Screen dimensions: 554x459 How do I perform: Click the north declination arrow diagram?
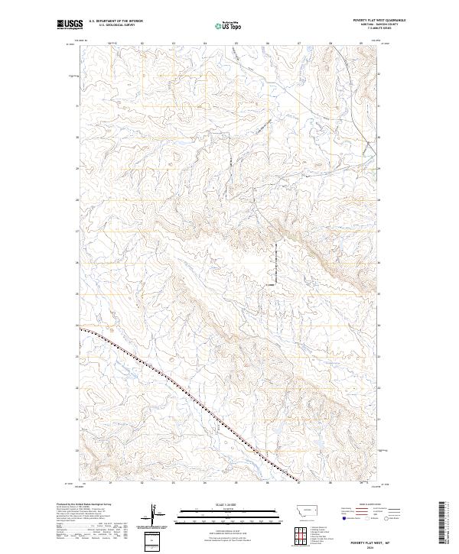coord(155,515)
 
